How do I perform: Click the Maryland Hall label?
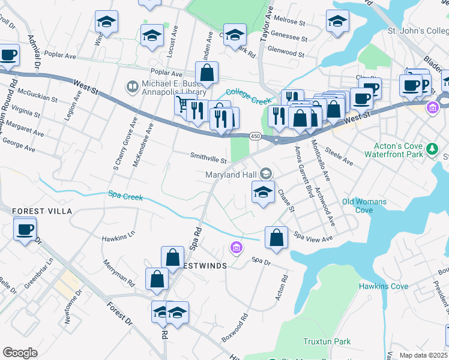[231, 175]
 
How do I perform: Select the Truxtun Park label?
[327, 341]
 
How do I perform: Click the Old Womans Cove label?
[364, 206]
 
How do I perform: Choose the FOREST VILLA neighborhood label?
[42, 211]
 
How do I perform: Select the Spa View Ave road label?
[313, 238]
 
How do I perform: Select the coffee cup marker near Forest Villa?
[25, 229]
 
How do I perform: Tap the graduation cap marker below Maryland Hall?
[262, 192]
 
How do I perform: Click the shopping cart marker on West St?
[183, 104]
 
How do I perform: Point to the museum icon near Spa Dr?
[236, 247]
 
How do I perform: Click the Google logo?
[20, 352]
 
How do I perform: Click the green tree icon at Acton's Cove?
[431, 148]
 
